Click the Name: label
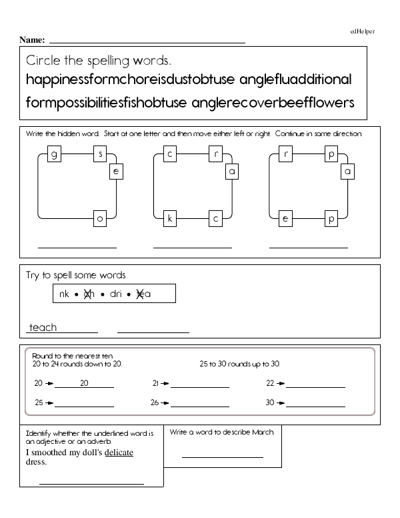pyautogui.click(x=32, y=40)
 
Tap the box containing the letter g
pyautogui.click(x=53, y=155)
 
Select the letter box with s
pyautogui.click(x=101, y=155)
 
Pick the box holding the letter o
pyautogui.click(x=101, y=218)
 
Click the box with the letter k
pyautogui.click(x=170, y=218)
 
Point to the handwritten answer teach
pyautogui.click(x=43, y=327)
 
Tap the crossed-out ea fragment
pyautogui.click(x=143, y=294)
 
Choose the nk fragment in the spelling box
pyautogui.click(x=64, y=294)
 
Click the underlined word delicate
pyautogui.click(x=119, y=453)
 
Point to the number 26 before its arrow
pyautogui.click(x=155, y=403)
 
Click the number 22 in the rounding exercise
pyautogui.click(x=270, y=383)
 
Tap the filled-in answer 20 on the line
pyautogui.click(x=84, y=383)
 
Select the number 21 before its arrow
pyautogui.click(x=155, y=383)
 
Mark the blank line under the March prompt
pyautogui.click(x=222, y=457)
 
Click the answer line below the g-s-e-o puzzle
pyautogui.click(x=77, y=248)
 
